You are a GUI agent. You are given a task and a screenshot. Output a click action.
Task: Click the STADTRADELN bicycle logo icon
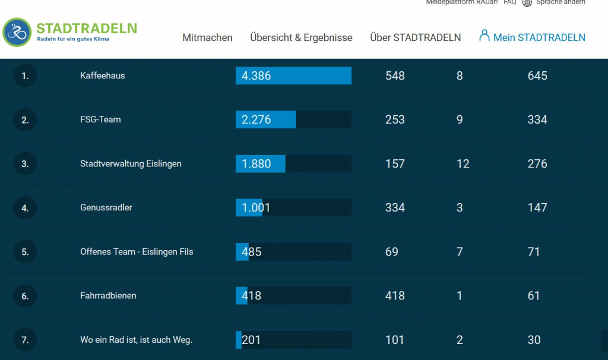(17, 32)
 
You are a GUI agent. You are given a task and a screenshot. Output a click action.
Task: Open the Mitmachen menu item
(207, 37)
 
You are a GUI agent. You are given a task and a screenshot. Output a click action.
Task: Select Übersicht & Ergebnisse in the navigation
(301, 37)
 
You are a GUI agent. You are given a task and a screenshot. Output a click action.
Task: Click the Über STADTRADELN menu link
(415, 37)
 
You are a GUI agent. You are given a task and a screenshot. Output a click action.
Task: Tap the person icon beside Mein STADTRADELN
(484, 36)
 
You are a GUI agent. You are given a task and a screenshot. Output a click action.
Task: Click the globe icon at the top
(527, 2)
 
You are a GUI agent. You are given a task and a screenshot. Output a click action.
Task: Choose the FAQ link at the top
(509, 2)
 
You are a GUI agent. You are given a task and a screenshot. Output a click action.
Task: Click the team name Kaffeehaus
(102, 75)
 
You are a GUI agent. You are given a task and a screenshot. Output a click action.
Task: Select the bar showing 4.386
(293, 76)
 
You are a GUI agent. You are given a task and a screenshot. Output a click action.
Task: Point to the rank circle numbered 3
(25, 164)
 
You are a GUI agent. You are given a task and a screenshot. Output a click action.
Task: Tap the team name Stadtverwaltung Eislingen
(131, 163)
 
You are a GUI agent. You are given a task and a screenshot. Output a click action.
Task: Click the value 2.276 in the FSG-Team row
(256, 119)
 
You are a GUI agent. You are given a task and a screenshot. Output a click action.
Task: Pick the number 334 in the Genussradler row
(395, 207)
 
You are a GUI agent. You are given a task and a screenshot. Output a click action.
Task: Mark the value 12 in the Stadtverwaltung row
(463, 164)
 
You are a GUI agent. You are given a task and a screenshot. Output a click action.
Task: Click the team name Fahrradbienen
(108, 295)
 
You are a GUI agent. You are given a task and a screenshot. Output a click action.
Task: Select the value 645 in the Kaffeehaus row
(537, 76)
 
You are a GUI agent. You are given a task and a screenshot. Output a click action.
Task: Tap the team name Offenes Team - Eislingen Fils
(137, 251)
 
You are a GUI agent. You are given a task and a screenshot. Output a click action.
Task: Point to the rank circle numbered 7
(25, 340)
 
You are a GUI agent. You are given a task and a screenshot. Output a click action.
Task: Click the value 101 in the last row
(395, 340)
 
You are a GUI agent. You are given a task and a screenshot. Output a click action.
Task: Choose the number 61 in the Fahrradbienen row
(534, 296)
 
